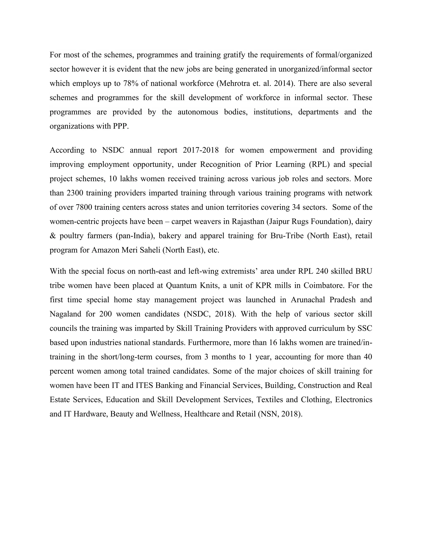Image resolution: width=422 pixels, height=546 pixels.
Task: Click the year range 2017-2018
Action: click(201, 150)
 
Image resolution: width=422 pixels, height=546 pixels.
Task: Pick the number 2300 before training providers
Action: click(75, 193)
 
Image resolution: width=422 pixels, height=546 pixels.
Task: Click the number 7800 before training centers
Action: click(84, 207)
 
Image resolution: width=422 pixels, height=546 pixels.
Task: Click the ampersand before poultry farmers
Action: click(53, 236)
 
